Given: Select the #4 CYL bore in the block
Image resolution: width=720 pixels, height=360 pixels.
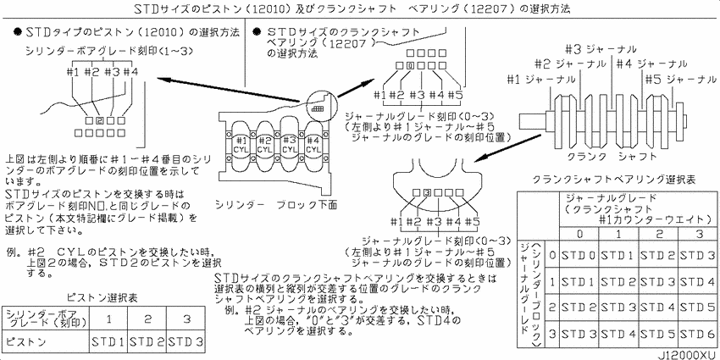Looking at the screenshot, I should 313,144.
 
